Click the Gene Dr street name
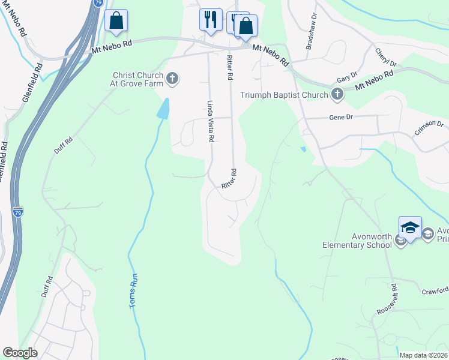coord(340,118)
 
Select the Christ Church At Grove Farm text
coord(139,80)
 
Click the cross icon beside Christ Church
coord(172,77)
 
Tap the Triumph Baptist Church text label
coord(284,95)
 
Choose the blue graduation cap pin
coord(410,227)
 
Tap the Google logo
coord(20,353)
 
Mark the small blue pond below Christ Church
coord(163,109)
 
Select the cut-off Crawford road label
coord(435,292)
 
